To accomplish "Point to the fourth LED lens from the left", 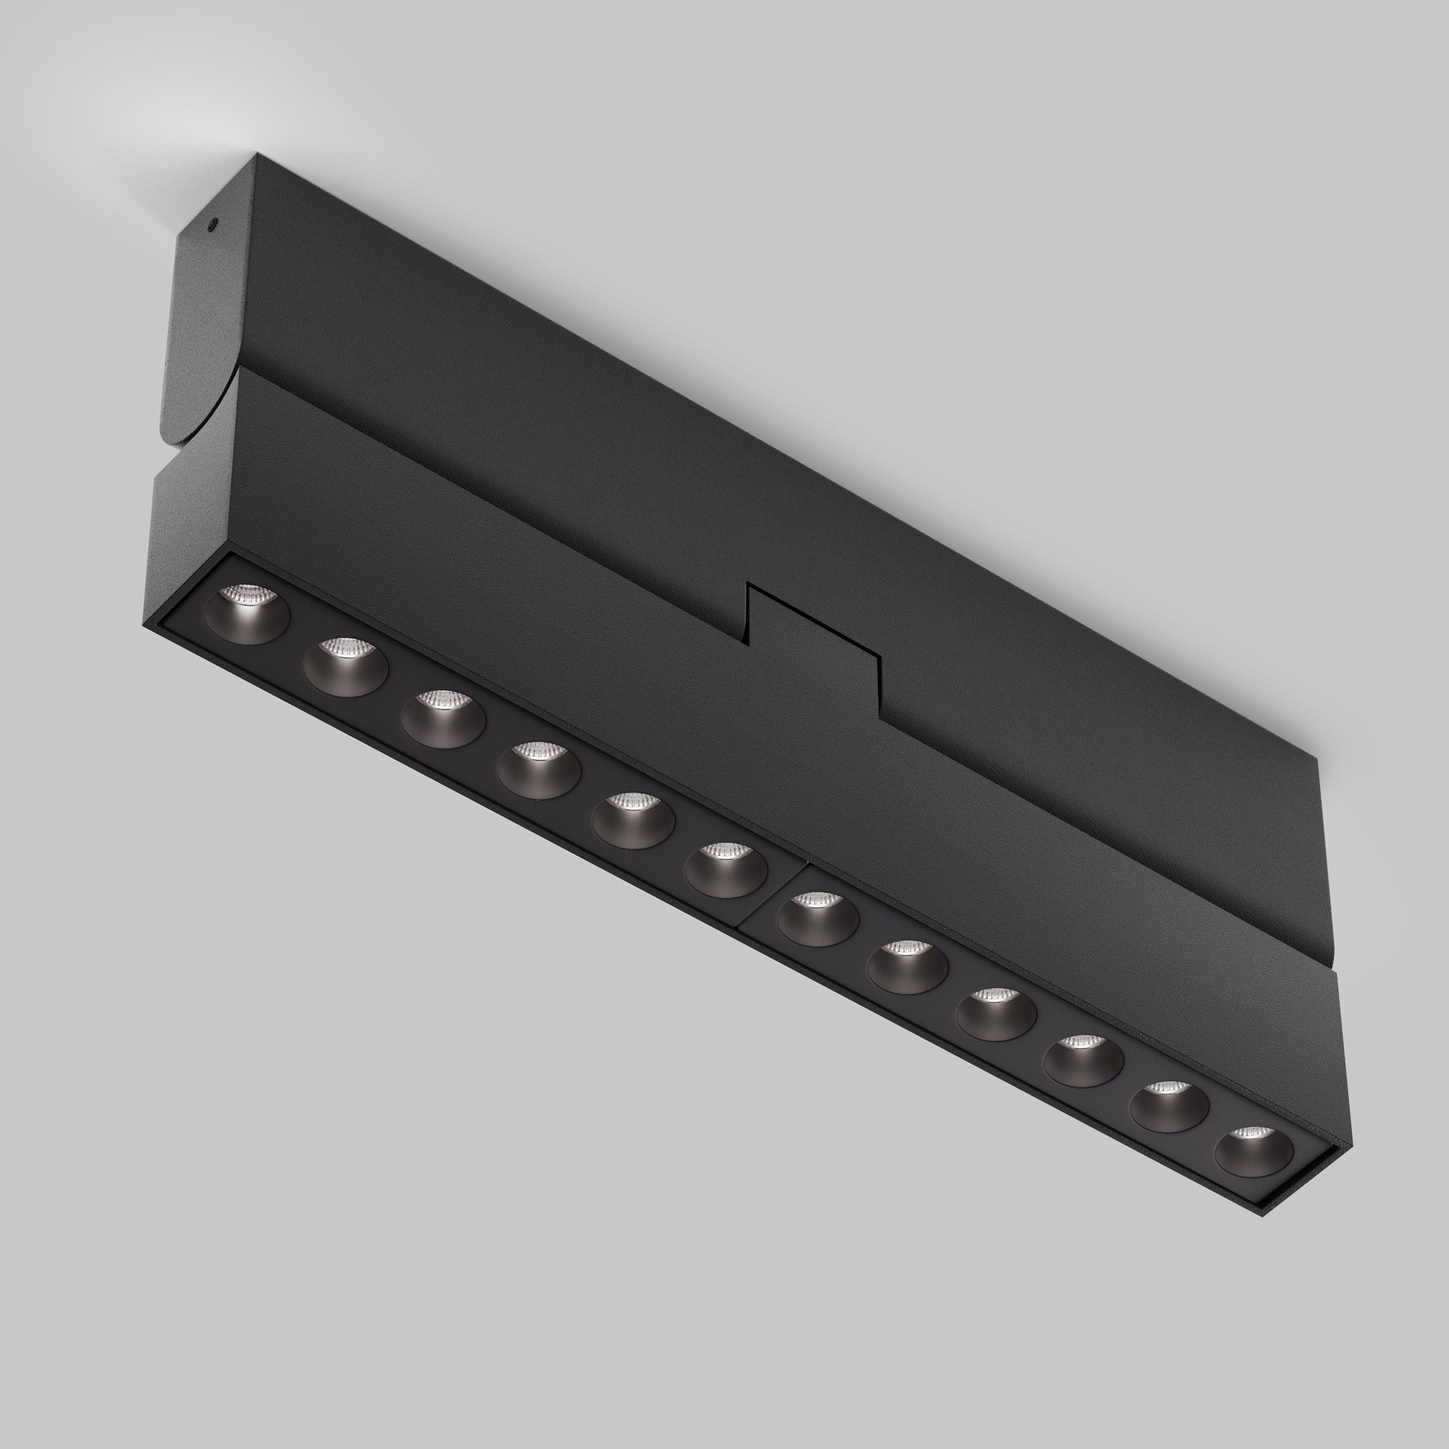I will (538, 769).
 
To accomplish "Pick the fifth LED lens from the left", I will (632, 819).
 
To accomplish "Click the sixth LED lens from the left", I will (726, 869).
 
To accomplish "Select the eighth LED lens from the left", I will (908, 966).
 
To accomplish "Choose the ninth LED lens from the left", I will (996, 1014).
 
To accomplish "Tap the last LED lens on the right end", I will (1254, 1151).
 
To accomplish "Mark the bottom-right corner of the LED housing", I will (1264, 1214).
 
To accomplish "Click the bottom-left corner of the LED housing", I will (144, 622).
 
